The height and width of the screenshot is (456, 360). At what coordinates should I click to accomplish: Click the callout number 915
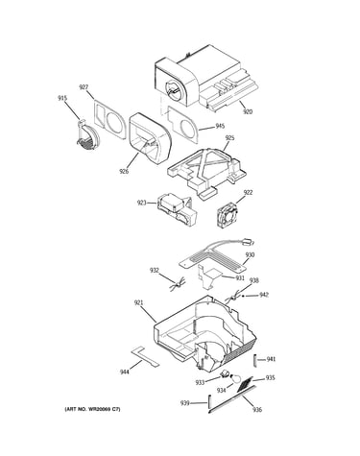coord(62,98)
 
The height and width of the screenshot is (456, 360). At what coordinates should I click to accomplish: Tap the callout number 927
coord(84,87)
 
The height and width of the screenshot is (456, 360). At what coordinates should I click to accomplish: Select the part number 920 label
coord(248,111)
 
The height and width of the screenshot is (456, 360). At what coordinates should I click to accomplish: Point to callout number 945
coord(220,126)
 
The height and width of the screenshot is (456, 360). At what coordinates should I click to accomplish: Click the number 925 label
coord(229,138)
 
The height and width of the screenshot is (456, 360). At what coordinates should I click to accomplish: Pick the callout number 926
coord(124,171)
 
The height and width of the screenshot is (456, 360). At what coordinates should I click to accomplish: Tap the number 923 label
coord(142,203)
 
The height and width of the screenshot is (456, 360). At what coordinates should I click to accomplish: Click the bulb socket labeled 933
coord(226,373)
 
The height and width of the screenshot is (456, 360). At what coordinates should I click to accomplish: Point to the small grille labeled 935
coord(245,384)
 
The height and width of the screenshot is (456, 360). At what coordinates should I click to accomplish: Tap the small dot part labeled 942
coord(243,296)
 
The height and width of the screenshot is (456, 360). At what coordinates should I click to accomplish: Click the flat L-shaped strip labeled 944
coord(145,356)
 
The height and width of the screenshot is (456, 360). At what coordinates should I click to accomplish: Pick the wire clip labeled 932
coord(177,284)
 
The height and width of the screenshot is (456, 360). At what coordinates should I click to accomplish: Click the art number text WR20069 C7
coord(103,409)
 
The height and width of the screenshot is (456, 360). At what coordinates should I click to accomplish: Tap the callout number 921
coord(138,302)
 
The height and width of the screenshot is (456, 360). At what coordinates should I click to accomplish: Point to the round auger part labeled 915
coord(87,135)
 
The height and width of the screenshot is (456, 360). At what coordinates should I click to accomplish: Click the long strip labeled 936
coord(232,398)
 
